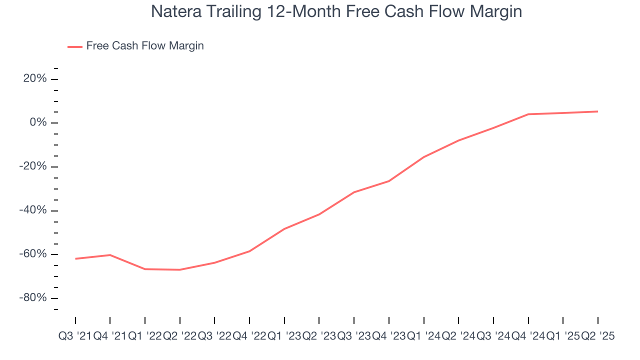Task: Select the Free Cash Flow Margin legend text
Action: pos(145,46)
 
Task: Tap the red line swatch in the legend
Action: pos(75,46)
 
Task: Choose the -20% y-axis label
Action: pos(33,166)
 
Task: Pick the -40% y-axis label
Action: pos(33,210)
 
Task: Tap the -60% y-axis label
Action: pos(33,254)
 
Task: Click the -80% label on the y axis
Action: pos(33,298)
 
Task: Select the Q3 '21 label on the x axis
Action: pos(75,336)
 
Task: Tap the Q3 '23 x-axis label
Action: pos(354,336)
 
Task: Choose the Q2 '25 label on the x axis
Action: pos(598,336)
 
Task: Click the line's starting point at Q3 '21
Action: pos(75,258)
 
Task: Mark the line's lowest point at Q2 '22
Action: pos(180,270)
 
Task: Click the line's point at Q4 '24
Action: pos(528,114)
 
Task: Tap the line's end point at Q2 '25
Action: pos(598,111)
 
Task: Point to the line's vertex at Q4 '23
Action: pos(389,181)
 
